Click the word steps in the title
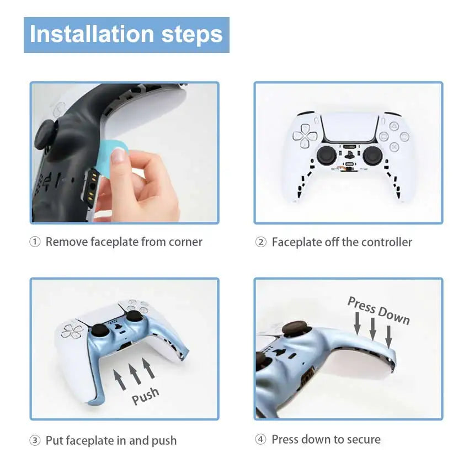(192, 34)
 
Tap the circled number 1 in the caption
(35, 242)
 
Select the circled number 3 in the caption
(35, 441)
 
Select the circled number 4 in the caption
(261, 440)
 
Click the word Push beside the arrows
(146, 396)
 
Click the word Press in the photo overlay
(361, 306)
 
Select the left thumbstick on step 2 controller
(325, 155)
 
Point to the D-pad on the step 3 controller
(72, 331)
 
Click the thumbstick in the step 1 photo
(44, 134)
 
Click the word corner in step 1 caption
(185, 242)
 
